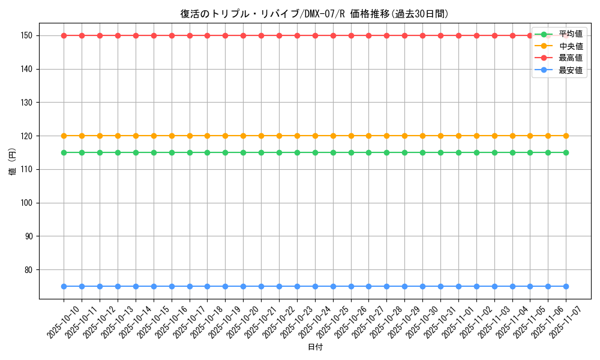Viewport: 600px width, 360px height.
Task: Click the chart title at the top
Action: point(314,14)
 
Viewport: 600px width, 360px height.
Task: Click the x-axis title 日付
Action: point(315,347)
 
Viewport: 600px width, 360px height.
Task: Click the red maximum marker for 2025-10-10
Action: point(64,35)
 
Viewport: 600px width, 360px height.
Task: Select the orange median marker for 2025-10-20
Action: point(243,136)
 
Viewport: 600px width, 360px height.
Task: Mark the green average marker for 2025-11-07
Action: point(566,152)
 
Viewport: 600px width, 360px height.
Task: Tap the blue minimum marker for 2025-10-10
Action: point(64,286)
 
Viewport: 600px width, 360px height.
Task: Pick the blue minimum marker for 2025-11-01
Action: point(458,286)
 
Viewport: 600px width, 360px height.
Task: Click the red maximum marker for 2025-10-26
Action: point(351,35)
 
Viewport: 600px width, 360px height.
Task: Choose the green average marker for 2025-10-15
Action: point(154,152)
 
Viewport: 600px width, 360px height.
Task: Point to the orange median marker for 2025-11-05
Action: point(530,136)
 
